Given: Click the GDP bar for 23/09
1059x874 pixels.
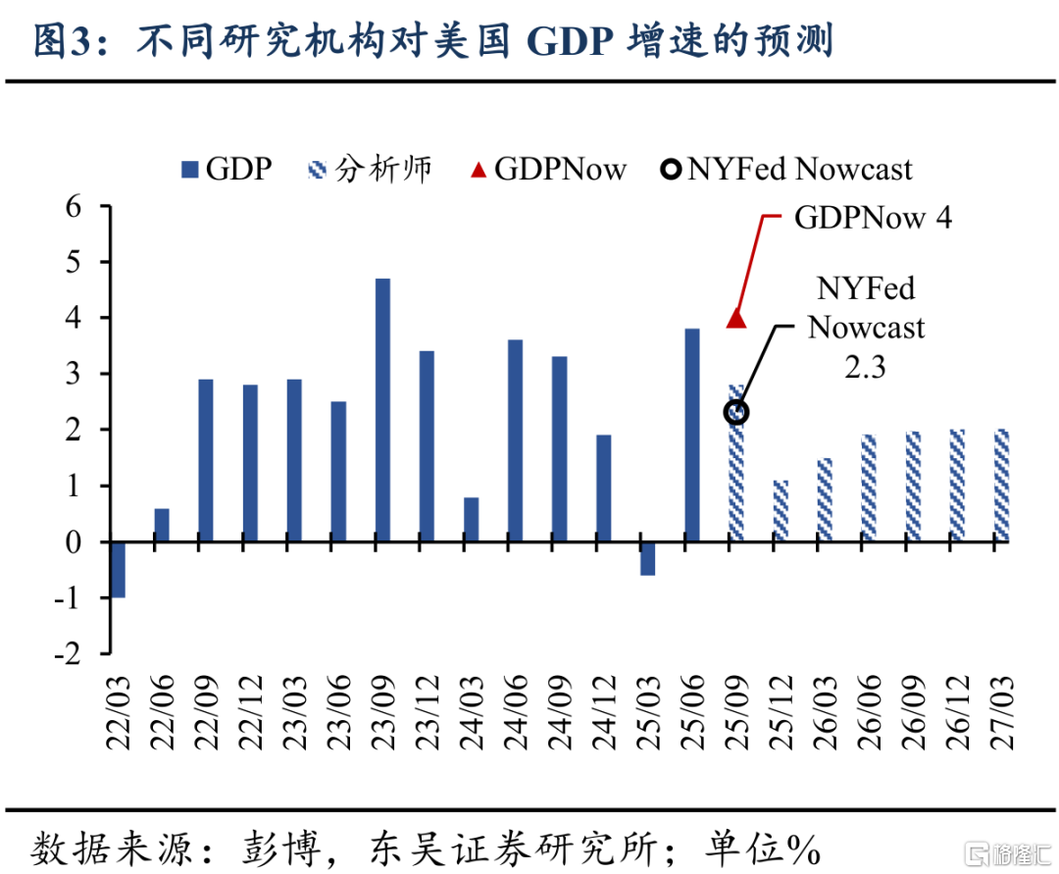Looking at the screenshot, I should click(x=382, y=410).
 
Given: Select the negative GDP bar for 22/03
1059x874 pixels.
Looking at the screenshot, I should click(x=118, y=569).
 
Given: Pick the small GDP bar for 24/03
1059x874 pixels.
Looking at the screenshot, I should click(x=472, y=519).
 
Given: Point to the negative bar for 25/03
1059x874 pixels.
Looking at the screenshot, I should click(x=647, y=558).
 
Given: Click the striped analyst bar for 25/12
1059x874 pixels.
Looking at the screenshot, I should click(x=781, y=510).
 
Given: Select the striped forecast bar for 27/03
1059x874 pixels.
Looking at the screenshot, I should click(x=1000, y=486).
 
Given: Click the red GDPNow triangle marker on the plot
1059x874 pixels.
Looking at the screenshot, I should click(x=736, y=318).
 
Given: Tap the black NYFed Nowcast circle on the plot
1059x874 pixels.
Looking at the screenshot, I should click(x=736, y=413).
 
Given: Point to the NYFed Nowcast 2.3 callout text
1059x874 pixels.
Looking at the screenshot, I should click(x=866, y=327).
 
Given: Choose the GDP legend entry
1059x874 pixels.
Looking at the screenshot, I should click(x=227, y=169).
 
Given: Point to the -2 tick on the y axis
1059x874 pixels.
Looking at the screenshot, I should click(x=72, y=653).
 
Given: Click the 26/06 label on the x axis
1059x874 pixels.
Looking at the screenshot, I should click(x=870, y=711).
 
